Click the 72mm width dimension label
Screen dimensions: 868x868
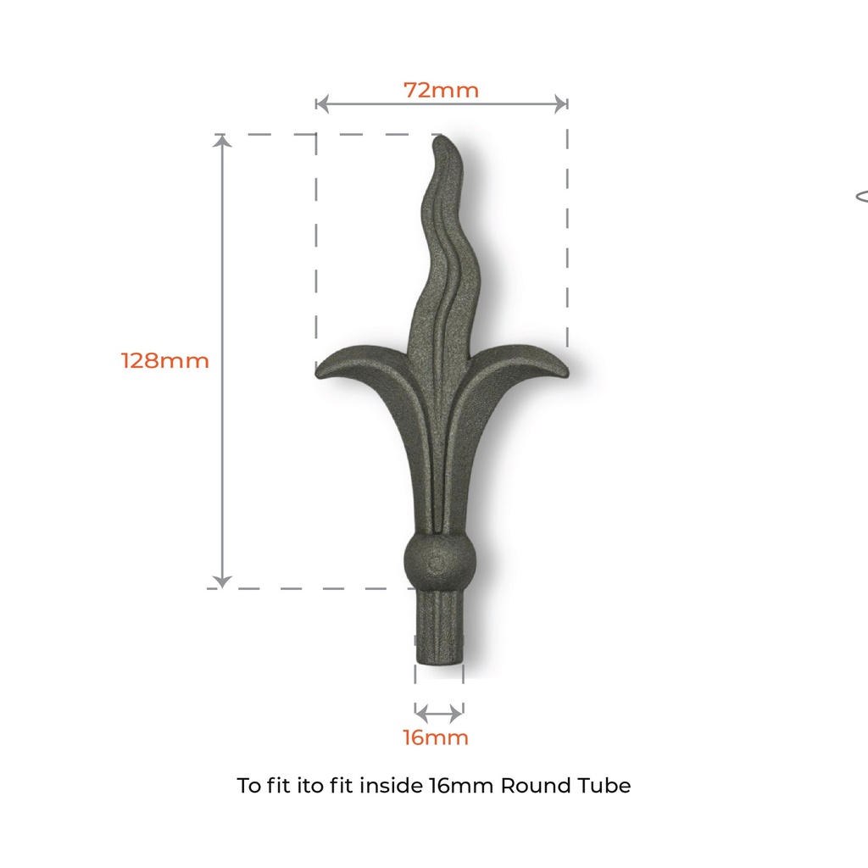441,90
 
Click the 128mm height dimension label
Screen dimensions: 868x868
164,360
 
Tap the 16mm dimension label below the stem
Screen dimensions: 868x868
435,737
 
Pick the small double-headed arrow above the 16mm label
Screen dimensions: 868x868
439,711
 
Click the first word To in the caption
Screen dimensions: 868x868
248,786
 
